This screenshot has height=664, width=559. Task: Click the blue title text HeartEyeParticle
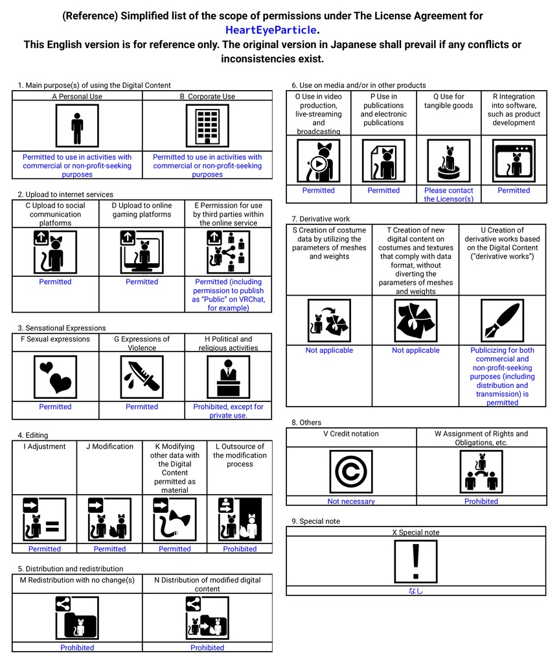point(271,30)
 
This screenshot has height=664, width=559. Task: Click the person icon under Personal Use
point(77,126)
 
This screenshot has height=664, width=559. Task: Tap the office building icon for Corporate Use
point(207,126)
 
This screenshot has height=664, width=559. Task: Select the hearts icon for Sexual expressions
point(55,377)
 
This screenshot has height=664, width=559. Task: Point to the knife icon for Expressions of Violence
point(142,377)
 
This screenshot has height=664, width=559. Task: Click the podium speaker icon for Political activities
point(228,377)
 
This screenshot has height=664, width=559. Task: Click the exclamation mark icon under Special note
point(416,562)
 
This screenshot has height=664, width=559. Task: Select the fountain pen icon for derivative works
point(502,321)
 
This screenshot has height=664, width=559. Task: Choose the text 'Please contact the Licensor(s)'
point(448,195)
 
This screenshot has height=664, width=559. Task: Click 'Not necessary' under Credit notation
point(351,501)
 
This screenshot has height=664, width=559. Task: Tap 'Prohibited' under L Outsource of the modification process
point(240,549)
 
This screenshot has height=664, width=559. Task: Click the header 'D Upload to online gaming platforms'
point(142,210)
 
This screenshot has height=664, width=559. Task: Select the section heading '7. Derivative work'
point(320,219)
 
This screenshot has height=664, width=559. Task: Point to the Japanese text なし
point(416,591)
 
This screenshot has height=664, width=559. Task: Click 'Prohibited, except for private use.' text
point(228,411)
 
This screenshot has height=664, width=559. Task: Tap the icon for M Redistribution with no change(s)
point(77,617)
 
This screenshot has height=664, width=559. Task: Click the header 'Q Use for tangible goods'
point(448,101)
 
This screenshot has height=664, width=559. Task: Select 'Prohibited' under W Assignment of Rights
point(481,501)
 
